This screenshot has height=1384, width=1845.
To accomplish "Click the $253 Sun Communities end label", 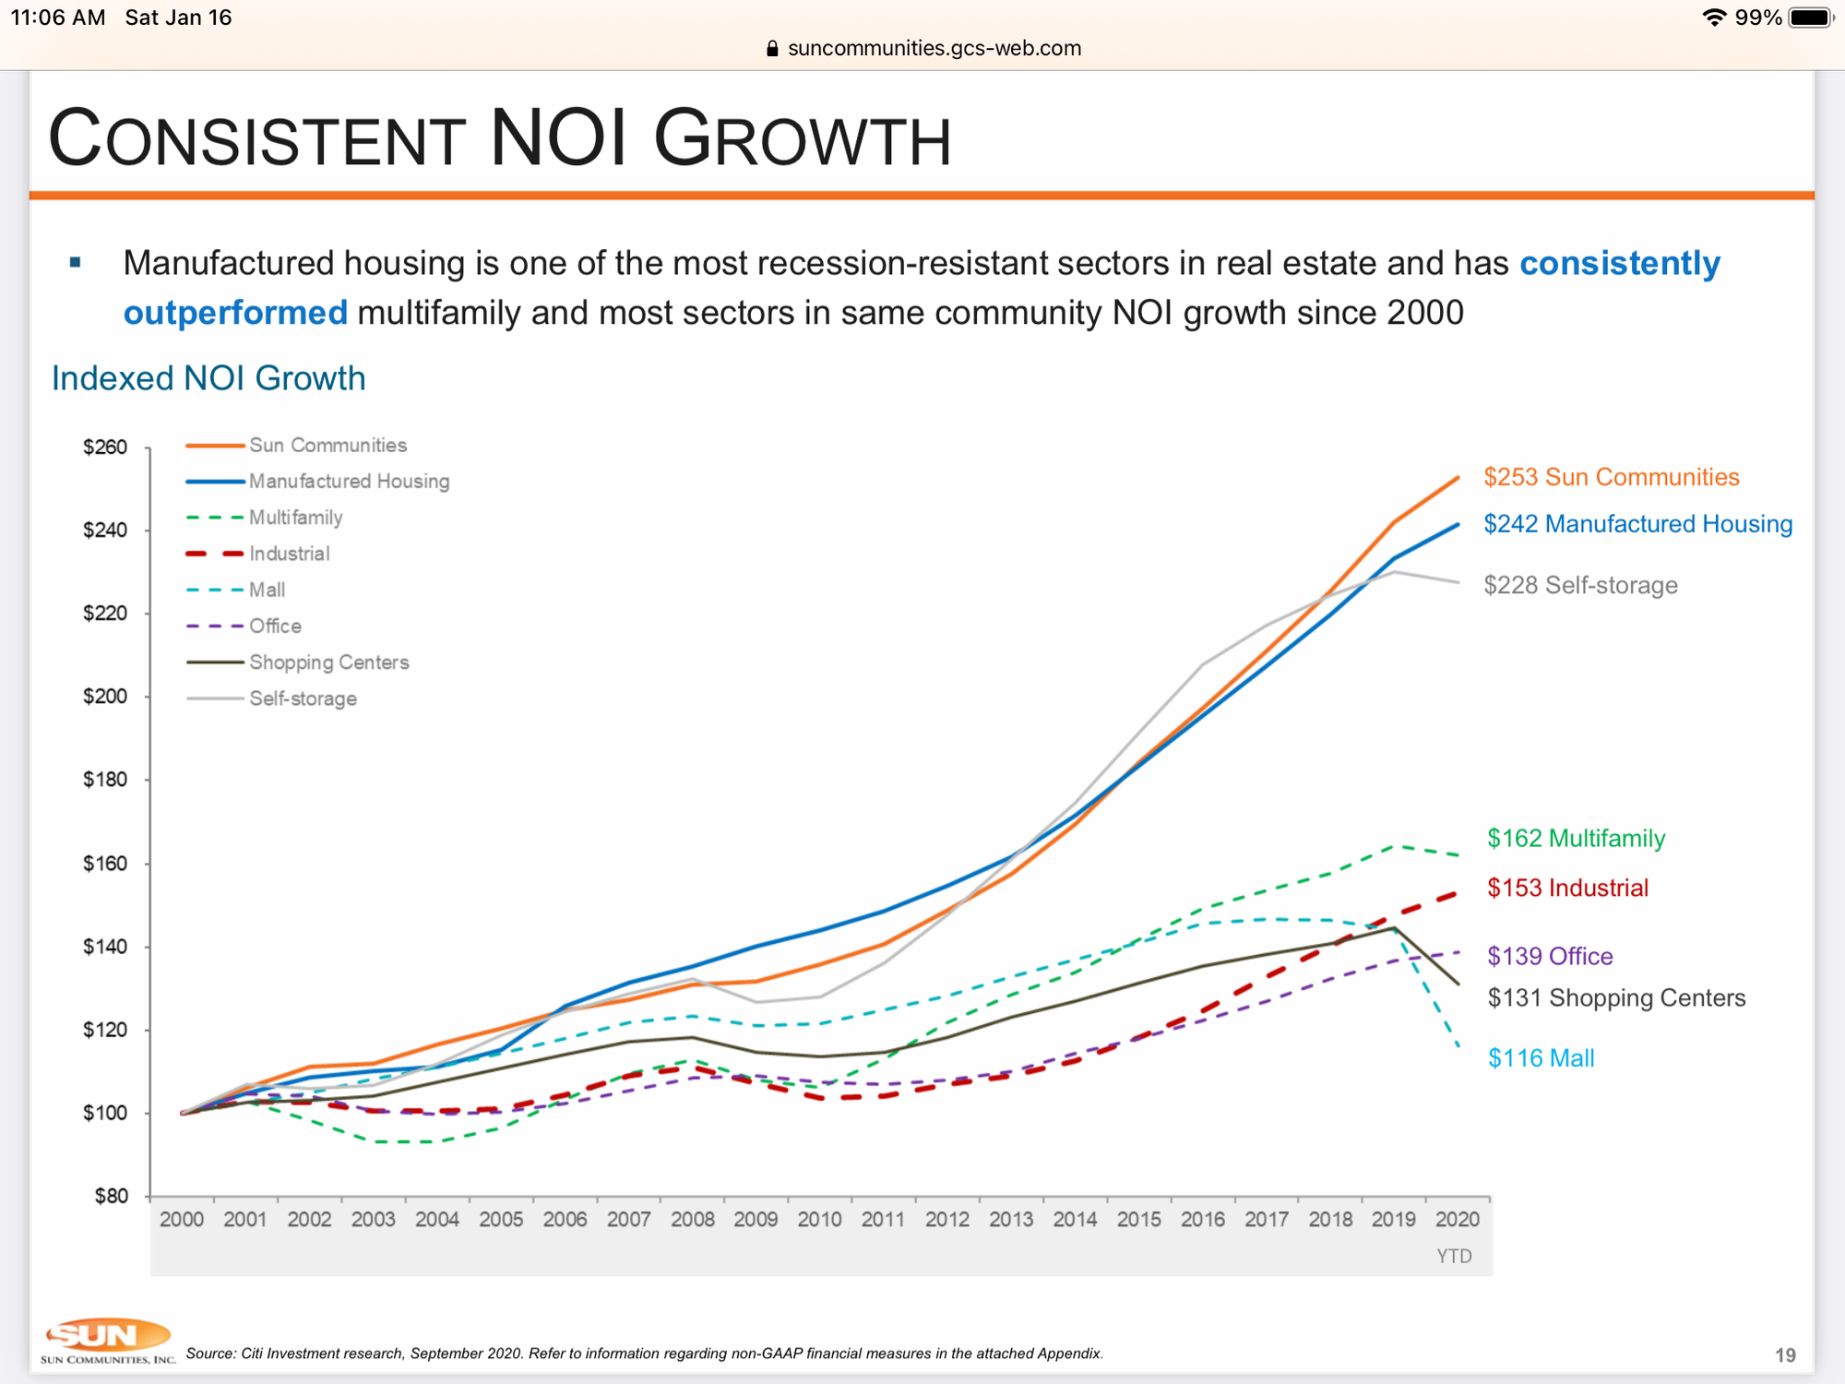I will [1611, 477].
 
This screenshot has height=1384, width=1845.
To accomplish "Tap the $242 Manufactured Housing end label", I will [1637, 524].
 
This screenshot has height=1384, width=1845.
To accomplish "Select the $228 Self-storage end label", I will [1580, 585].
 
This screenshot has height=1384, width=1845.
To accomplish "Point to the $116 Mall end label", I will [1541, 1058].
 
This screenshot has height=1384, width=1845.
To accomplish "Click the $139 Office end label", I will [1550, 956].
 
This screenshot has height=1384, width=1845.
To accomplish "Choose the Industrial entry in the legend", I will [289, 554].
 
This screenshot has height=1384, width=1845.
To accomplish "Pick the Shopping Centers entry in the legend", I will [328, 662].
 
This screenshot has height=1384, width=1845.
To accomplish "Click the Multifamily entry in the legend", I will [295, 518].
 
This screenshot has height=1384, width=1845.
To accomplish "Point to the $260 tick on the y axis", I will [105, 447].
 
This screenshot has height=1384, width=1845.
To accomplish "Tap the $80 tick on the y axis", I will [111, 1197].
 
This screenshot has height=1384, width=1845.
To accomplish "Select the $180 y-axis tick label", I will [105, 780].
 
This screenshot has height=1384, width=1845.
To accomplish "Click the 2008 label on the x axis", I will [693, 1220].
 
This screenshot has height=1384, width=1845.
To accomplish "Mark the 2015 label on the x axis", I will [1138, 1220].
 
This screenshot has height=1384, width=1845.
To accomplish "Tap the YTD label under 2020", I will [1454, 1257].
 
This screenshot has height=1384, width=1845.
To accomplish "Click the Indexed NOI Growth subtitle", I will [208, 378].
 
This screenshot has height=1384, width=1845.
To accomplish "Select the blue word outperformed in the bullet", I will [235, 313].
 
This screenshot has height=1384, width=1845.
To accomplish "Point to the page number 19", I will [1785, 1354].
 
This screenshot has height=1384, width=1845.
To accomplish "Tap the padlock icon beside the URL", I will [773, 49].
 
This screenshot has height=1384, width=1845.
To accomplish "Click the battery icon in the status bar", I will [1811, 18].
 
